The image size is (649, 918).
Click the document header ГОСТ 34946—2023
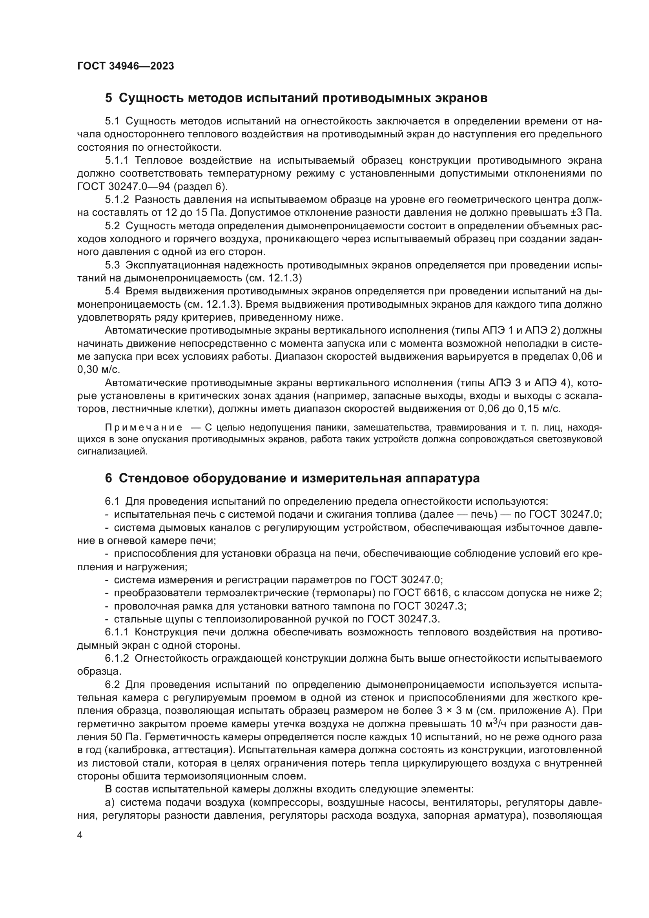[x=126, y=66]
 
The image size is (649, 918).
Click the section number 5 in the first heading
[x=109, y=98]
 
